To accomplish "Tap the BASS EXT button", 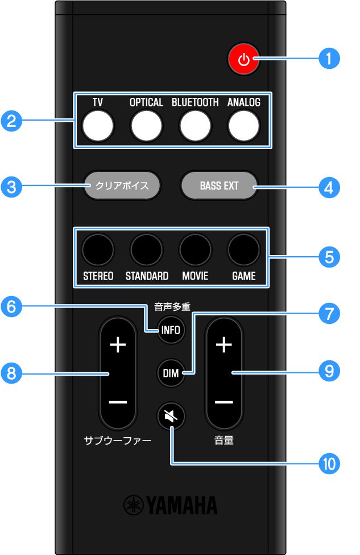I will (219, 186).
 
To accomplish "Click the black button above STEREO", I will (98, 249).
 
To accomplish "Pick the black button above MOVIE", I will (195, 249).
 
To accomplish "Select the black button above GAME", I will (244, 249).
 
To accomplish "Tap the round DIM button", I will (171, 373).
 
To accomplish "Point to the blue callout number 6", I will (12, 307).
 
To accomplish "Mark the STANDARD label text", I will (147, 276).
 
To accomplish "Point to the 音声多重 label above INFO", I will (171, 307).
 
